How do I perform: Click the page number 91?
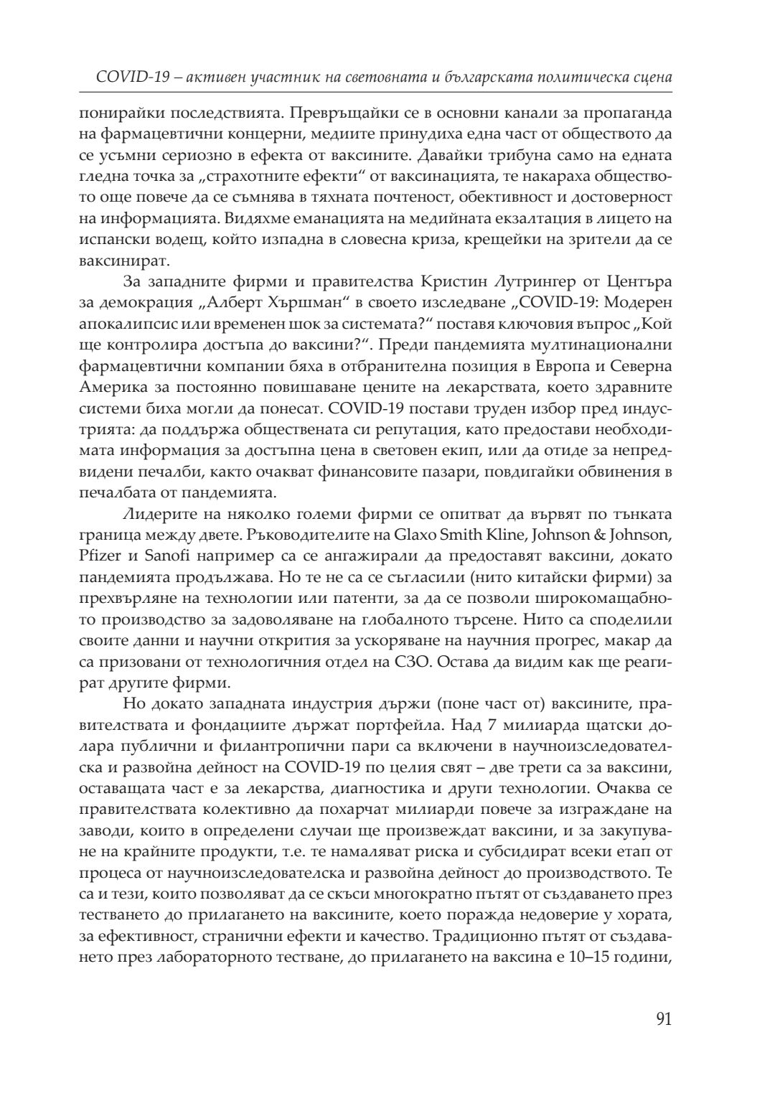point(663,1019)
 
